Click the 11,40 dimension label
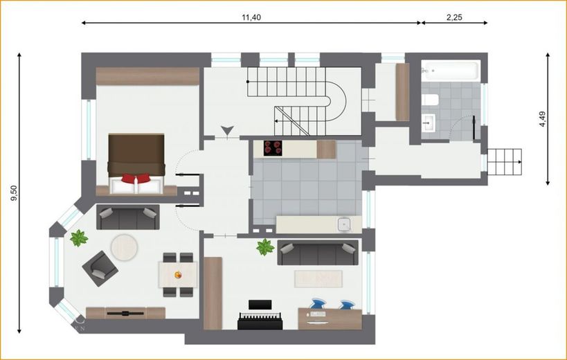coord(251,17)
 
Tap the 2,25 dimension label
coord(454,17)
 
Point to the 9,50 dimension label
coord(15,193)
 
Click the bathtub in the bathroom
coord(451,71)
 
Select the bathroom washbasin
coord(429,123)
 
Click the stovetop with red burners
coord(273,148)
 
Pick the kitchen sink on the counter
coord(344,224)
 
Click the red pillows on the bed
coord(136,178)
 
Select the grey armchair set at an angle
coord(100,269)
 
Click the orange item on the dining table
coord(178,275)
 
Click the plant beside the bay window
coord(79,238)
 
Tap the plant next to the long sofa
coord(265,247)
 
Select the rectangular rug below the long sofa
coord(318,279)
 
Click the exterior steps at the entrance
coord(505,162)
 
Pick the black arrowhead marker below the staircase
coord(227,130)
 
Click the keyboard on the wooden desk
coord(318,314)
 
